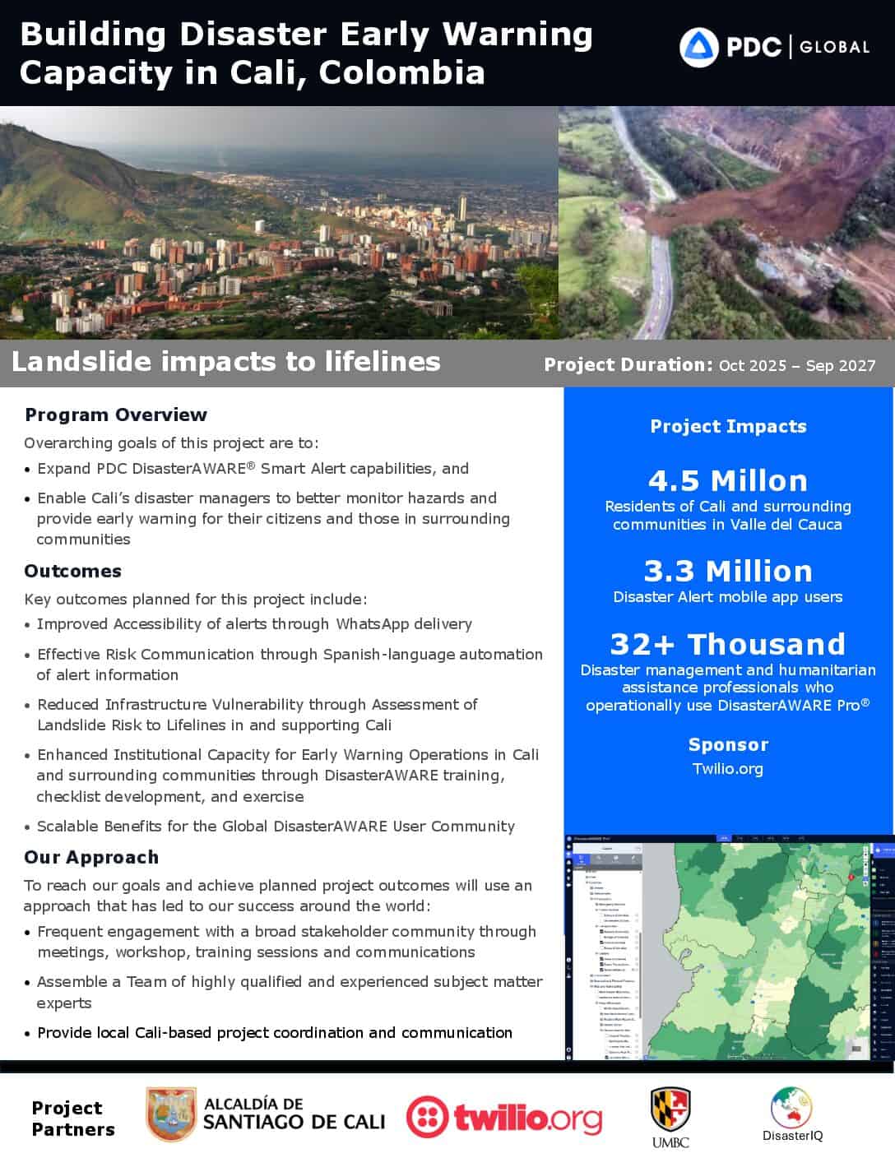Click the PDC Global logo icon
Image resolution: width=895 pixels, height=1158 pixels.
(699, 47)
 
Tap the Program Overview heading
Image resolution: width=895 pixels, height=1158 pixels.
(115, 415)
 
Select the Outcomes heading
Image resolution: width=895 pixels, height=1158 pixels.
(72, 571)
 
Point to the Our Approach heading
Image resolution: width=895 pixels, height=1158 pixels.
(90, 857)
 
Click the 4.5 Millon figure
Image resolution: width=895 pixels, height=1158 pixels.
(728, 480)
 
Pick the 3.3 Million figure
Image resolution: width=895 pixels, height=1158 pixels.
(728, 571)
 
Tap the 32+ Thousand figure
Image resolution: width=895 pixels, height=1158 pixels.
(728, 644)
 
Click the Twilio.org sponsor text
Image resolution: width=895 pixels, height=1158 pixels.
(728, 769)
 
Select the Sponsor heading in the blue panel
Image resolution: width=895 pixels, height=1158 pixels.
(728, 744)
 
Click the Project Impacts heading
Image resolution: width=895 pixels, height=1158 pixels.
(728, 426)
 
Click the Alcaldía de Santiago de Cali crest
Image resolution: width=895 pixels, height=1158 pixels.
(171, 1114)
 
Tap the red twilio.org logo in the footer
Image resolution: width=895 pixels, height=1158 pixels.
(503, 1118)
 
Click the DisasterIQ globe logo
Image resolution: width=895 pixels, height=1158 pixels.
(791, 1107)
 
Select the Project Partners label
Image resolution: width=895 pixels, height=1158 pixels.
(72, 1119)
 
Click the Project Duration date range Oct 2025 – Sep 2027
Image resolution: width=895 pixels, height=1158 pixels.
(797, 365)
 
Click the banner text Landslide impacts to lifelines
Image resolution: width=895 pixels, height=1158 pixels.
(225, 362)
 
